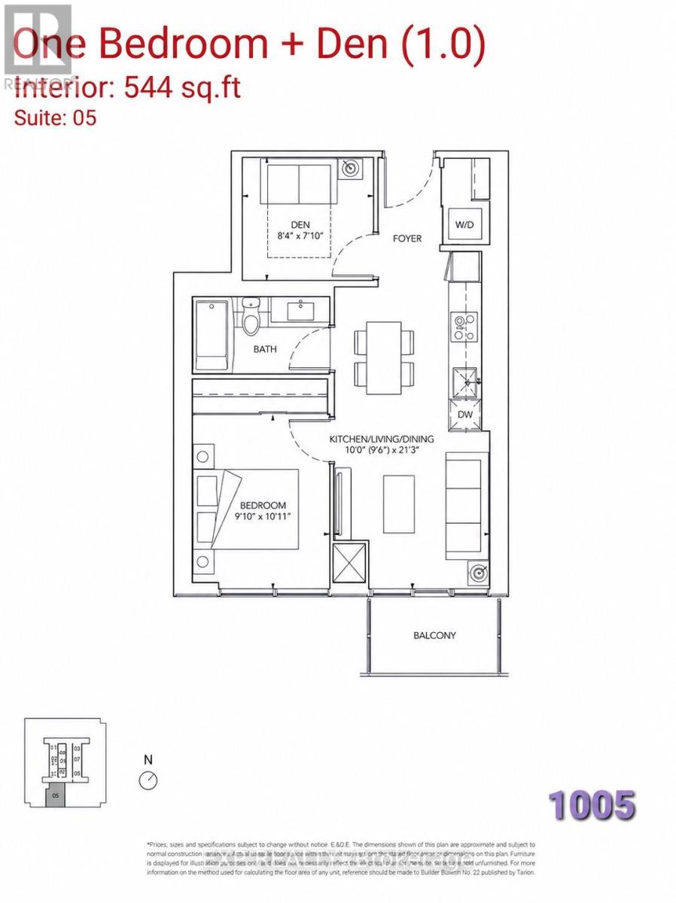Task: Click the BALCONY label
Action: pos(434,635)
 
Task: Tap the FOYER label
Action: pos(407,239)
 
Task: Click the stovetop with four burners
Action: pos(464,328)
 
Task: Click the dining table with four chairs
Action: pos(384,357)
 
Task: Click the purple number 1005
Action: pos(592,805)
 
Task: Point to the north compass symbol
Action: pos(148,781)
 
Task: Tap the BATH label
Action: pos(264,349)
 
